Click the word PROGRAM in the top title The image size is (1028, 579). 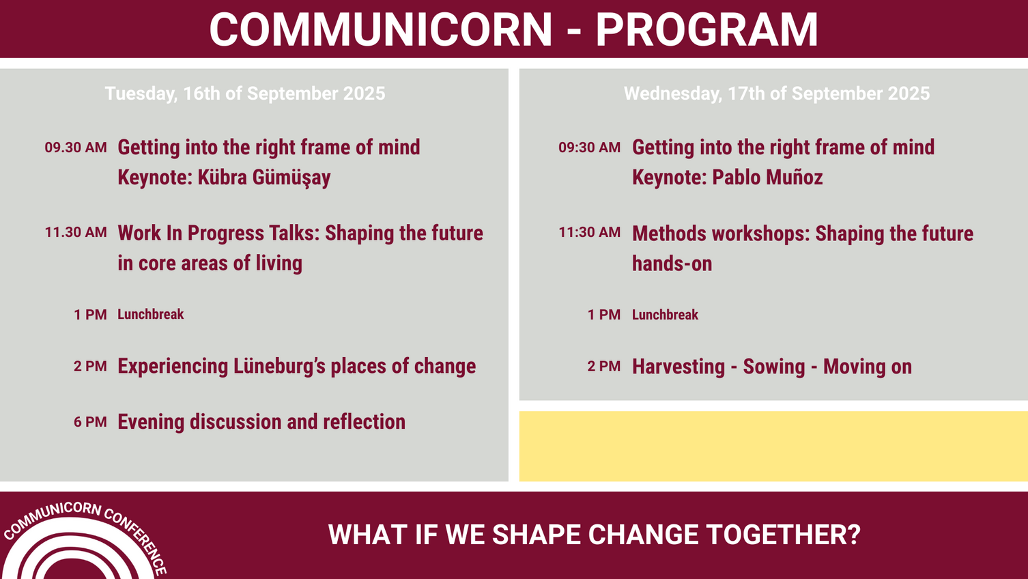point(706,29)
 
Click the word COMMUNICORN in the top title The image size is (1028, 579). point(380,29)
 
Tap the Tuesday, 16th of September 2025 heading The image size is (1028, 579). point(245,94)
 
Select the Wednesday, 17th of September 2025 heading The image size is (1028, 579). point(777,94)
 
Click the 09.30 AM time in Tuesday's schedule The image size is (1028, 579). point(76,147)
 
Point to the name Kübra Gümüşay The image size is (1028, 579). point(264,178)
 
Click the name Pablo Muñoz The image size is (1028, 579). point(767,178)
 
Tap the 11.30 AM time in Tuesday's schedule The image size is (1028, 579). point(76,232)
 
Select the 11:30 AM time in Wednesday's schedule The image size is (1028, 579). point(589,232)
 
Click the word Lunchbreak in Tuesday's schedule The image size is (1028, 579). point(151,315)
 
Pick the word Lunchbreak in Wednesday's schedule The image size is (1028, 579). point(665,315)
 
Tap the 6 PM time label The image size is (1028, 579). point(90,422)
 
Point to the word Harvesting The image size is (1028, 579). point(679,367)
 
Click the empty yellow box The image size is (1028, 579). point(773,447)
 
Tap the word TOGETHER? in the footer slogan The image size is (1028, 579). point(783,535)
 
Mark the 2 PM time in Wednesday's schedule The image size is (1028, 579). point(603,367)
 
